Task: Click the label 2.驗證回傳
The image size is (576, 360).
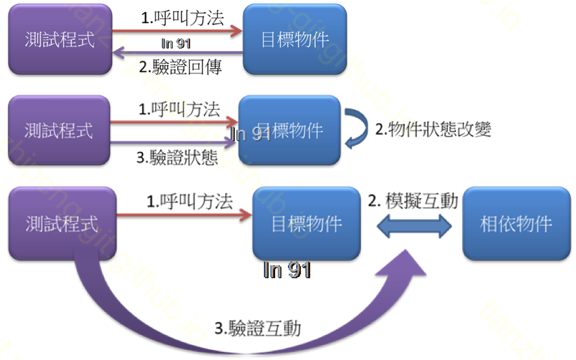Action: coord(180,67)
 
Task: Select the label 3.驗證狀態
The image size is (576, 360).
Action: coord(177,158)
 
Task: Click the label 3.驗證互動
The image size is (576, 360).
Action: coord(258,328)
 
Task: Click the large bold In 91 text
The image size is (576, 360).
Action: coord(287,270)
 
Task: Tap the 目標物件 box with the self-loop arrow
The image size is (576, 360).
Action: coord(289,130)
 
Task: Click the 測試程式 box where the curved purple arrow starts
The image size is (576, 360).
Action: coord(61,224)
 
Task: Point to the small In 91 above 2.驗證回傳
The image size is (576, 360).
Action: coord(176,44)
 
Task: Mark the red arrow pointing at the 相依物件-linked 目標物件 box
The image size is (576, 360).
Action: coord(184,215)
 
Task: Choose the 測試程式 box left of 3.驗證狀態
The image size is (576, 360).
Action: coord(59,130)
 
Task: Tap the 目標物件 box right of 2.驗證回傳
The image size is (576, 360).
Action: coord(295,39)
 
